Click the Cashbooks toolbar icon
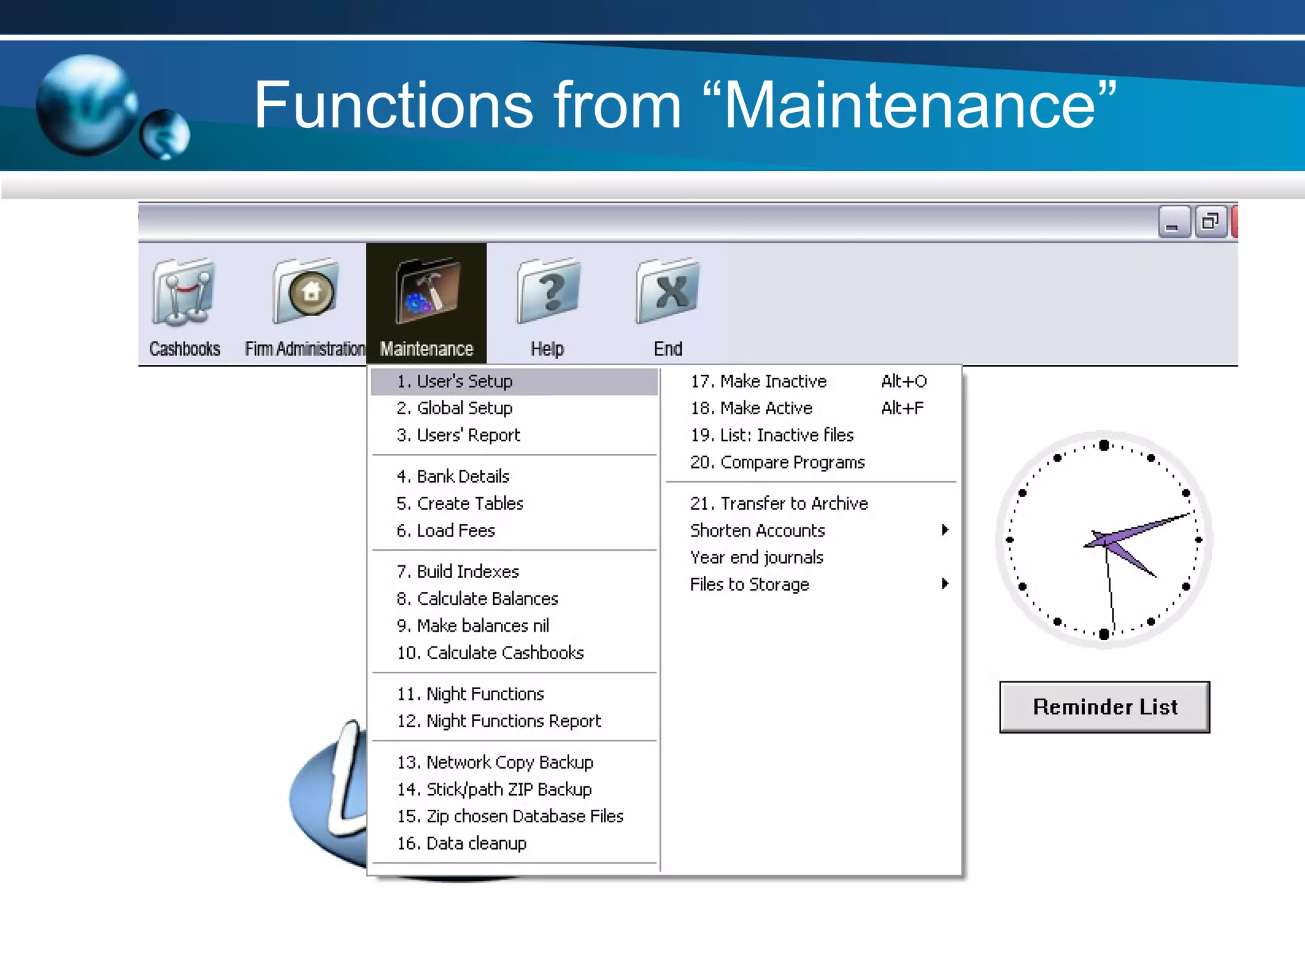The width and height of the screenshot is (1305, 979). point(184,293)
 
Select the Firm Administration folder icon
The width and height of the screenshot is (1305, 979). point(306,293)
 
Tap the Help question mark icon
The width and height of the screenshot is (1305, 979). point(548,293)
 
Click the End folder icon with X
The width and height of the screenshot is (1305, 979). point(668,293)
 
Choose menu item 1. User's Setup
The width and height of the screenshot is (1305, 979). point(454,381)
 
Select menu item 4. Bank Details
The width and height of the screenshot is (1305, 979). point(453,476)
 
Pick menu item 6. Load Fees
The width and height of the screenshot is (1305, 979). point(445,530)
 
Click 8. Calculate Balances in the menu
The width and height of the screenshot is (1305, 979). point(477,598)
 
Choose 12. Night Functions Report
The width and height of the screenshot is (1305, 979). point(499,721)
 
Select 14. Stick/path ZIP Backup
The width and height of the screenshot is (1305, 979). point(494,789)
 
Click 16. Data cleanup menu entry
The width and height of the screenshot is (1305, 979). point(462,843)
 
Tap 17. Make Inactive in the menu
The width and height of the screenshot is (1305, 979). point(758,381)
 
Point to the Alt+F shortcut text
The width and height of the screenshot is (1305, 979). point(902,408)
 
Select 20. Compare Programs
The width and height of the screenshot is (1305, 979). point(777,462)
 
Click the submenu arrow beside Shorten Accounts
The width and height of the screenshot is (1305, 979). point(945,530)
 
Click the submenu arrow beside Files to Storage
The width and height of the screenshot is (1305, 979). point(945,584)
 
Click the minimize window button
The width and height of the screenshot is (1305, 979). point(1173,222)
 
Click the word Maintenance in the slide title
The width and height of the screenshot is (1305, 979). point(909,105)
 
